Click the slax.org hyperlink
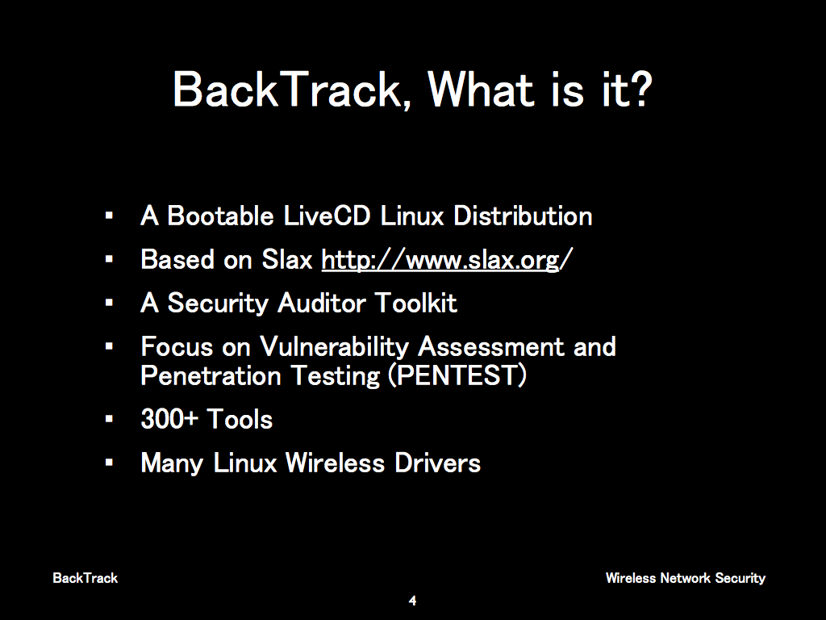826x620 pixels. click(447, 259)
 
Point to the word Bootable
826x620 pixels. click(220, 216)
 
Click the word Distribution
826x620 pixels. click(523, 216)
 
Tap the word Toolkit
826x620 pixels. click(415, 303)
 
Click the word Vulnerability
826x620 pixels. click(334, 348)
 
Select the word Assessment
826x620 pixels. click(490, 346)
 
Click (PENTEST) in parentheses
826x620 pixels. click(457, 376)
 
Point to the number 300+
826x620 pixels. click(169, 419)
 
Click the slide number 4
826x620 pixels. click(412, 601)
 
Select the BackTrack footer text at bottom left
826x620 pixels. click(86, 578)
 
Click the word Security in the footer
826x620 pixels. click(740, 578)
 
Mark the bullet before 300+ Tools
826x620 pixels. click(109, 420)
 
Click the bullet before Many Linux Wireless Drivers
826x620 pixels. click(109, 463)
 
